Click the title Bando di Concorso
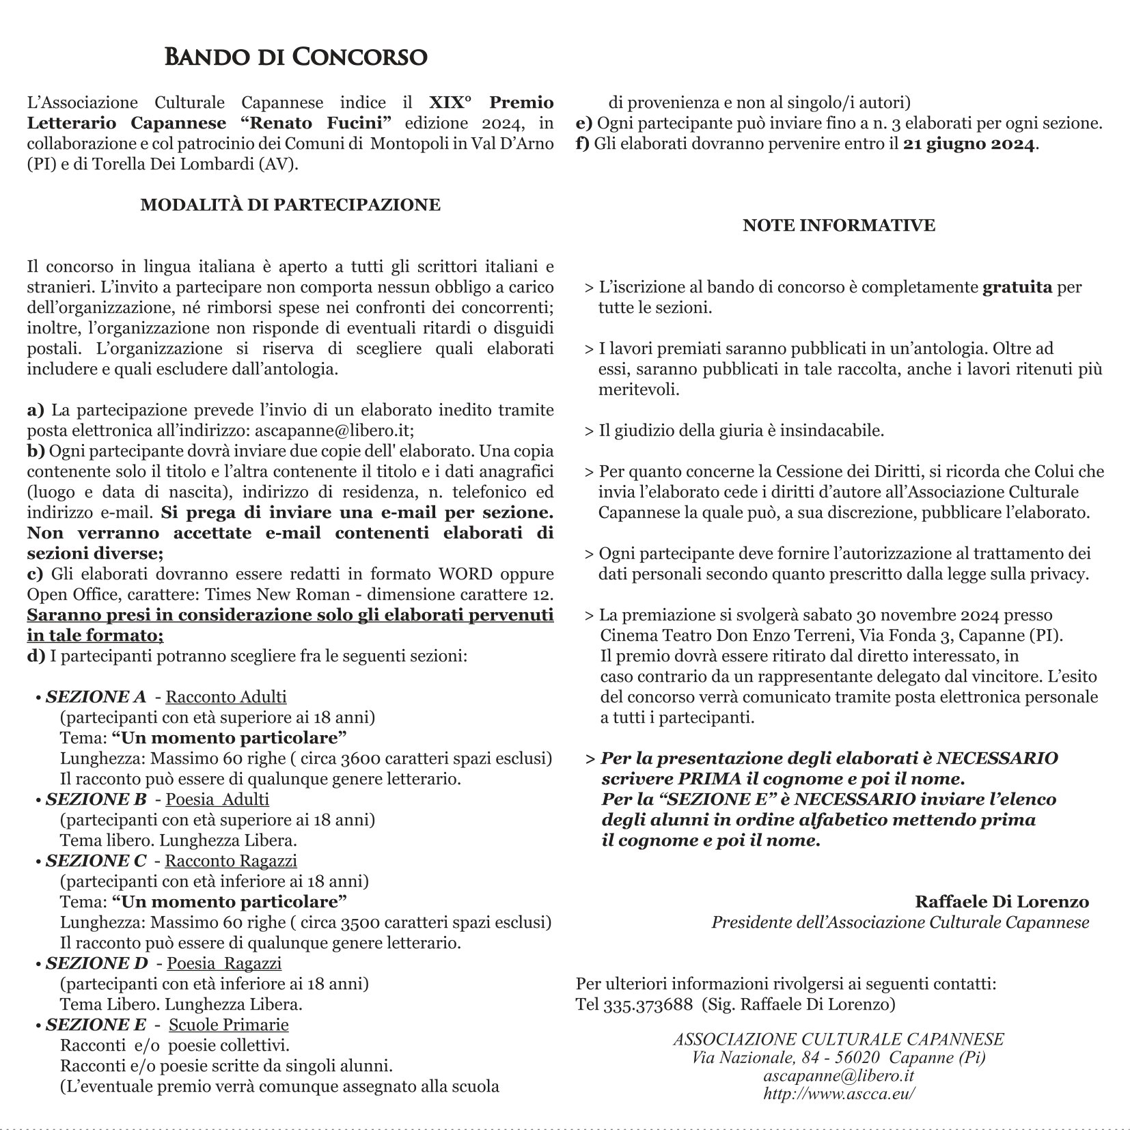coord(296,57)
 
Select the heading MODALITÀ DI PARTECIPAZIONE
coord(290,205)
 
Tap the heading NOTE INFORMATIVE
coord(839,225)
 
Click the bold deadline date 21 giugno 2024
coord(969,144)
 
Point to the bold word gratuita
coord(1017,287)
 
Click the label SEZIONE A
coord(96,697)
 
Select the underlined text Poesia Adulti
coord(217,799)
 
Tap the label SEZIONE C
coord(96,861)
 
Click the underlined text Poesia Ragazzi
coord(224,963)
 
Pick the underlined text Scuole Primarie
coord(228,1025)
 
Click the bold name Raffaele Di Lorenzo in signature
coord(1002,902)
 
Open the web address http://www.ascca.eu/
coord(839,1092)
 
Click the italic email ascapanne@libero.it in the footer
coord(839,1075)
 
